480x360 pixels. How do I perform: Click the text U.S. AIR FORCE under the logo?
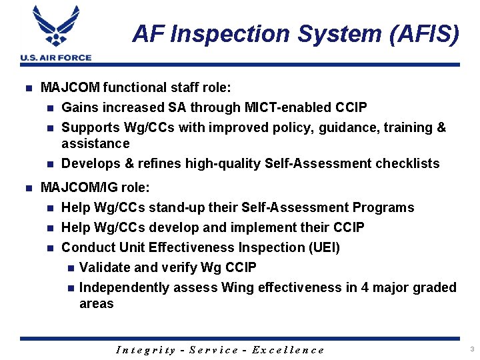tap(56, 58)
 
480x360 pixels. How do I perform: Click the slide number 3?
tap(471, 349)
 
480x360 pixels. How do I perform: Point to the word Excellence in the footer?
tap(288, 350)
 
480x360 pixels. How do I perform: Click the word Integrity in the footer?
tap(146, 350)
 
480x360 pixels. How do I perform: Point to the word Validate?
tap(105, 267)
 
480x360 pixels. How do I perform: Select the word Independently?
tap(124, 287)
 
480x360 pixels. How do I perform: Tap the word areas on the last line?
tap(97, 303)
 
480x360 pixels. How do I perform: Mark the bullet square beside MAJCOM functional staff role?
tap(27, 88)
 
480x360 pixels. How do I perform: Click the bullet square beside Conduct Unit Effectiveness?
tap(51, 248)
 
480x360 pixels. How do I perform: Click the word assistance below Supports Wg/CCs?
tap(95, 143)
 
